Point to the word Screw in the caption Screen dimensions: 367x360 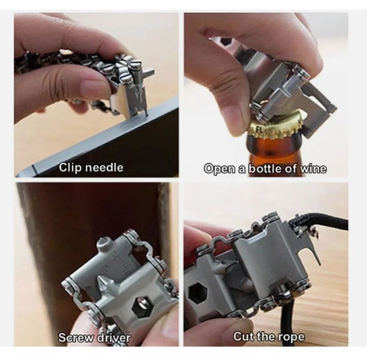point(75,337)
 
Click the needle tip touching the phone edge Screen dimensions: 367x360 point(147,115)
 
